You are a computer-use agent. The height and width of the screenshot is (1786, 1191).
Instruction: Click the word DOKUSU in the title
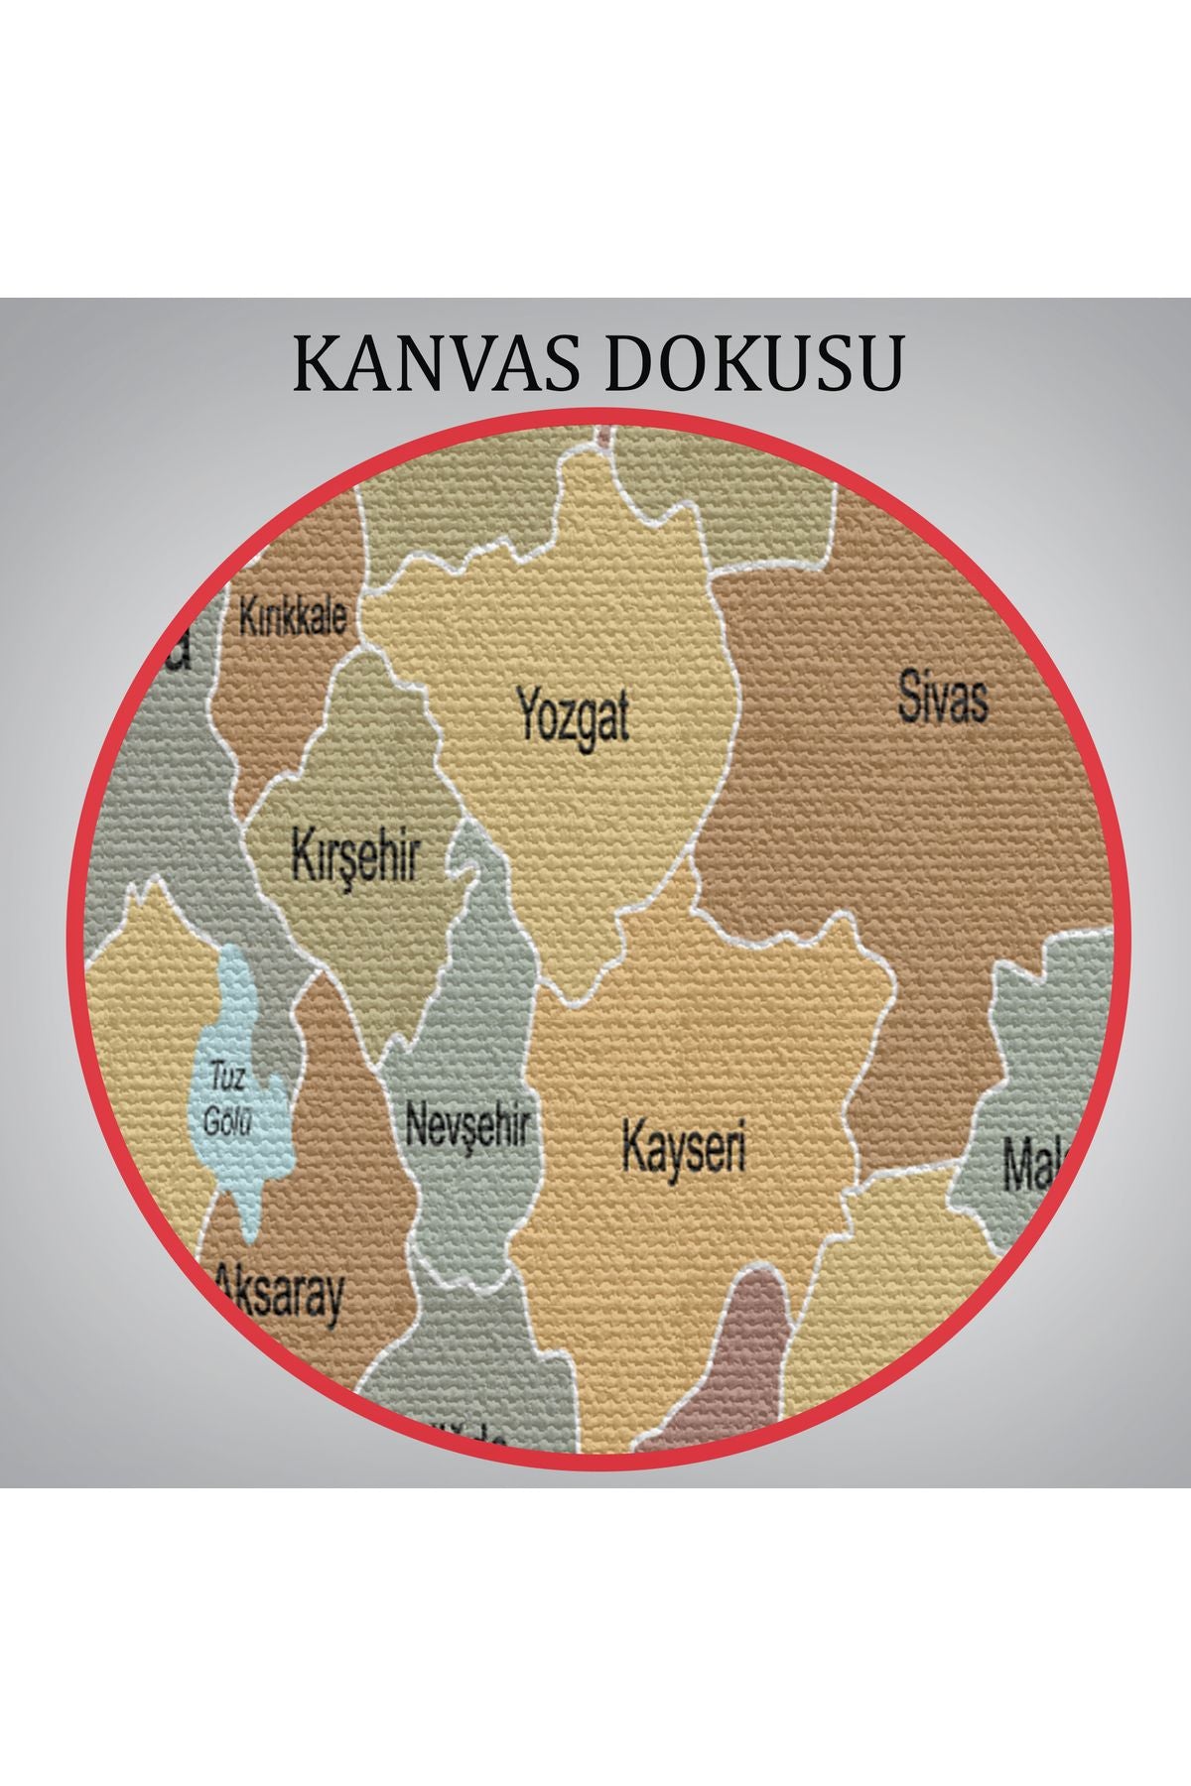tap(752, 364)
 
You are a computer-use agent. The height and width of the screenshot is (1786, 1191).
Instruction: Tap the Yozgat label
tap(573, 716)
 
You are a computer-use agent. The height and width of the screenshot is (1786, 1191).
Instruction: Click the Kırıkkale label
tap(293, 617)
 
